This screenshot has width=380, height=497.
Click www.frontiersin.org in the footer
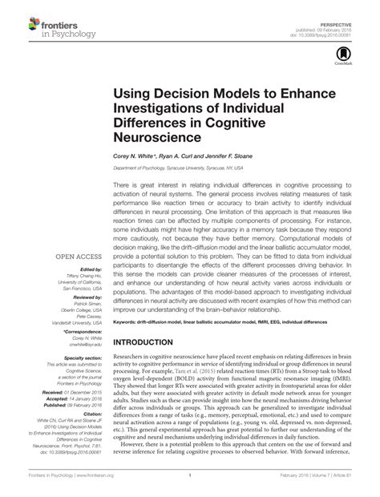pyautogui.click(x=80, y=475)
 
